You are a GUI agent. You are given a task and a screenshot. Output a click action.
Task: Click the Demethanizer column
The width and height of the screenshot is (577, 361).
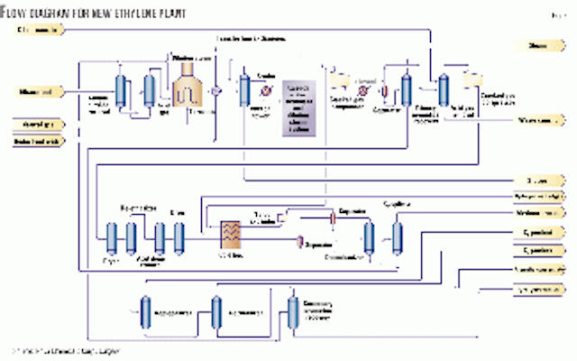click(x=369, y=237)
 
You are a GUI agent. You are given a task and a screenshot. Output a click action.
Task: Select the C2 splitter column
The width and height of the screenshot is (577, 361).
click(x=397, y=237)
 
